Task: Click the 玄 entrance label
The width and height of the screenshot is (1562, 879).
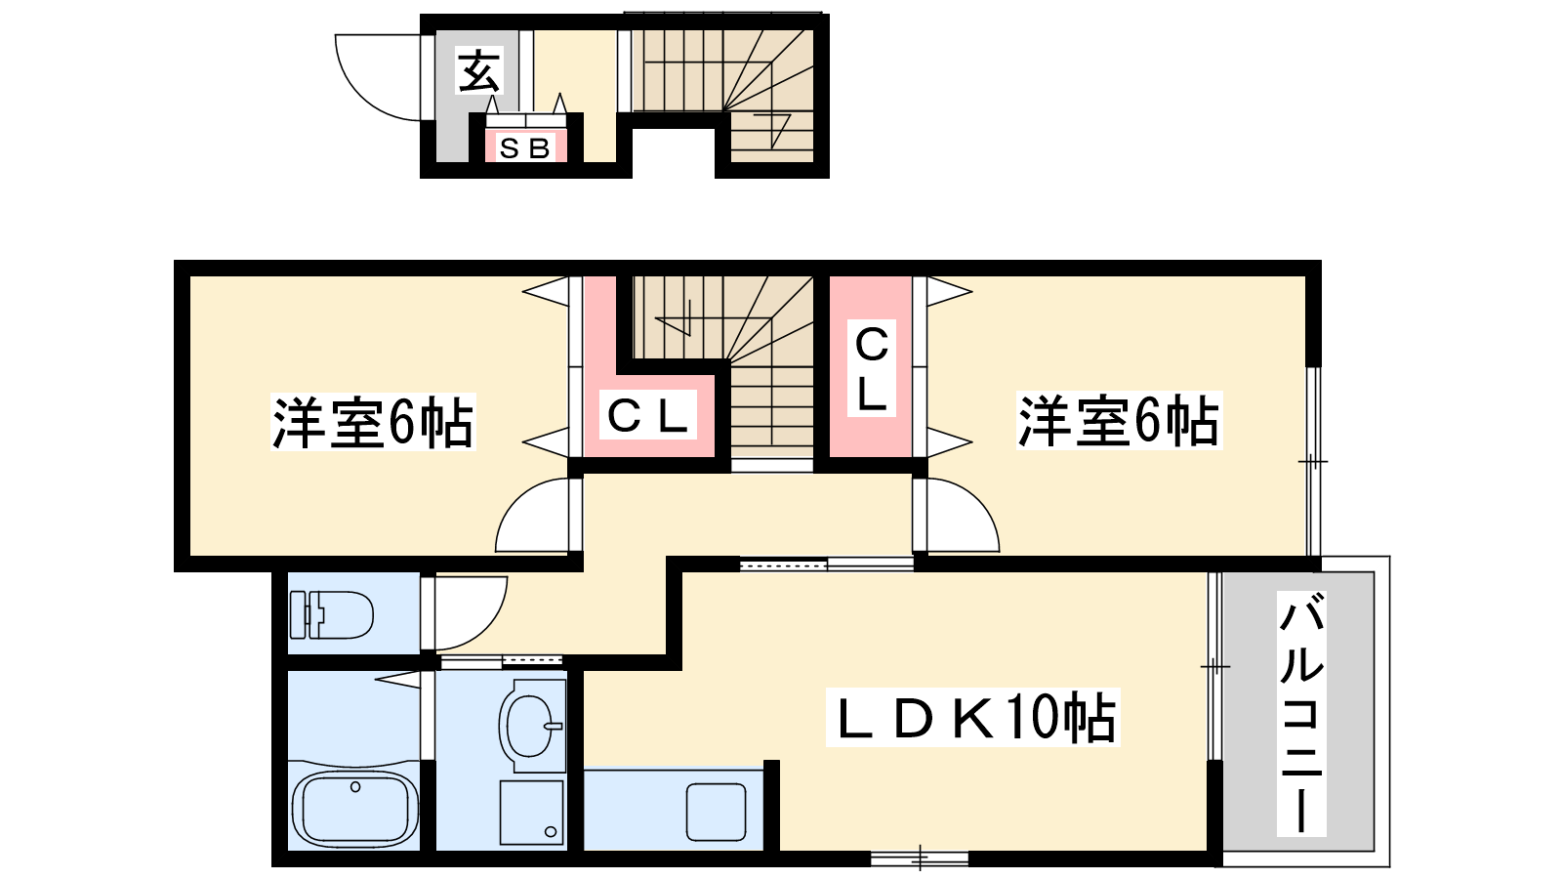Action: (478, 70)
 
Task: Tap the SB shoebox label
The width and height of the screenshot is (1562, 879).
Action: (525, 147)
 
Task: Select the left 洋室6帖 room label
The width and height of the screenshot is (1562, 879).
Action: (373, 422)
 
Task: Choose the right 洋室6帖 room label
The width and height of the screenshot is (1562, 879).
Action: (1119, 421)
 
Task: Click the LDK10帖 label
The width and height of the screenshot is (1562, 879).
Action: (972, 717)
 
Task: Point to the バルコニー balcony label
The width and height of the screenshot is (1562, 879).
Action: (1300, 713)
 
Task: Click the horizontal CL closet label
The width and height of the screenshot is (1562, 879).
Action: (648, 415)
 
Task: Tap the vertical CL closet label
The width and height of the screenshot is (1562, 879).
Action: (871, 368)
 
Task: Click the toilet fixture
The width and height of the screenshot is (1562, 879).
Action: (331, 614)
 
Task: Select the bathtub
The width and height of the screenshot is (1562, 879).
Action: (355, 810)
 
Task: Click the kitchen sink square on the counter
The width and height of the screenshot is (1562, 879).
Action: (717, 812)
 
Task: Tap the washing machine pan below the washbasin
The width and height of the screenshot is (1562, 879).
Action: (531, 812)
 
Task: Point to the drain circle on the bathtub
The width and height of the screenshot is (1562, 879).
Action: (355, 787)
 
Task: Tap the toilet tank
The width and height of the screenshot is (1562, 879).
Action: (298, 614)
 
